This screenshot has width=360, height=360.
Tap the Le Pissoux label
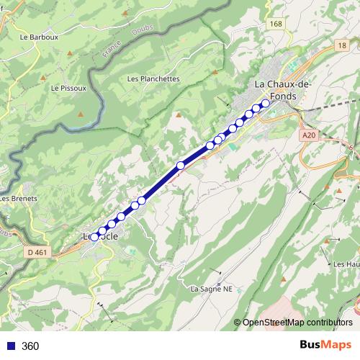(x=68, y=88)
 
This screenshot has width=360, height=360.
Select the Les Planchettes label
(x=153, y=78)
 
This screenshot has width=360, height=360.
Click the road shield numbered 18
(x=341, y=45)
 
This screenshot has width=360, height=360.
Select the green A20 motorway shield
(x=309, y=135)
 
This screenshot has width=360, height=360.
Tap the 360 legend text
(x=30, y=346)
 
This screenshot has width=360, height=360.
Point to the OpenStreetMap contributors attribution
(x=297, y=322)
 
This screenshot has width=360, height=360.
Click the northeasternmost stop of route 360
(x=265, y=103)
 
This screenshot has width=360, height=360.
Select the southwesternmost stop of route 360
(x=94, y=236)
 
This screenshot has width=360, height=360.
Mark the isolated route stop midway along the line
(x=181, y=166)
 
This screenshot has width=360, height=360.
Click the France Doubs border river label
(x=112, y=50)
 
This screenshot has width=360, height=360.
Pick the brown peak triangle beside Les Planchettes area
(x=178, y=113)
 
